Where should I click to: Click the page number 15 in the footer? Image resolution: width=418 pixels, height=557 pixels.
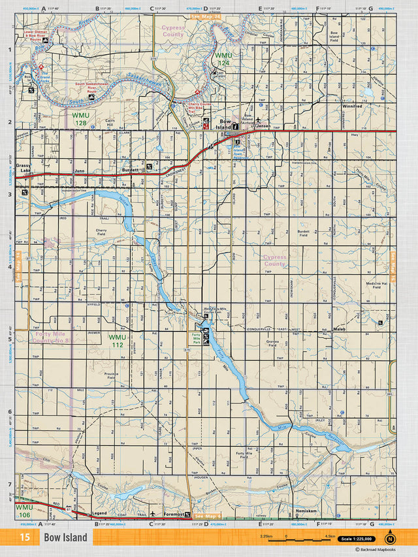coord(24,537)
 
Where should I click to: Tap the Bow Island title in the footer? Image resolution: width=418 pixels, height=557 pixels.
coord(65,537)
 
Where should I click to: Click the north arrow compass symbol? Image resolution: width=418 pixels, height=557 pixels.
coord(390,538)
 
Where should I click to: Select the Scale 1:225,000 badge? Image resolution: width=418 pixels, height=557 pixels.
coord(356,539)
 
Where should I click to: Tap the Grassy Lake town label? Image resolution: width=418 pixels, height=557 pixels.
coord(24,168)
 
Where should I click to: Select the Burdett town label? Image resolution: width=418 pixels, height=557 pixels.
coord(131,170)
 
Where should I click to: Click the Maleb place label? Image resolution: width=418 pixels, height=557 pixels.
coord(338,329)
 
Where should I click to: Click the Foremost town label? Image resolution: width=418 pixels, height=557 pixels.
coord(172,514)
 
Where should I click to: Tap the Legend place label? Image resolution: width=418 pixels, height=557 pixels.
coord(99,514)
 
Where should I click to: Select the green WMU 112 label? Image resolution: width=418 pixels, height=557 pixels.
coord(118,341)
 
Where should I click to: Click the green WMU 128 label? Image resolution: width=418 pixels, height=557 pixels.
coord(80,119)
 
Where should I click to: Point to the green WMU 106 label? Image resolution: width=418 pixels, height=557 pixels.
coord(24,510)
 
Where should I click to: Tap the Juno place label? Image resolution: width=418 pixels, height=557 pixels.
coord(80,170)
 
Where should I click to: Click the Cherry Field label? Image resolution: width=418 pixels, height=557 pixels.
coord(101,232)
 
